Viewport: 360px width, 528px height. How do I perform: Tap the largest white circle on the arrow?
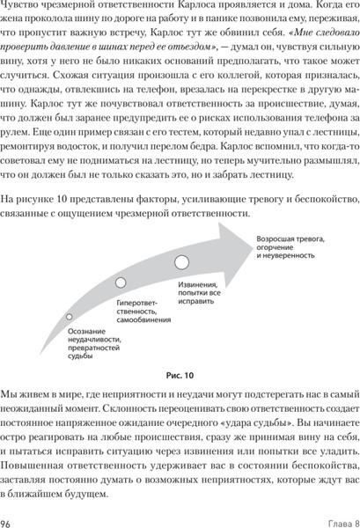(181, 261)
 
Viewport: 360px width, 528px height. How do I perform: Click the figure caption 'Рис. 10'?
(180, 374)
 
